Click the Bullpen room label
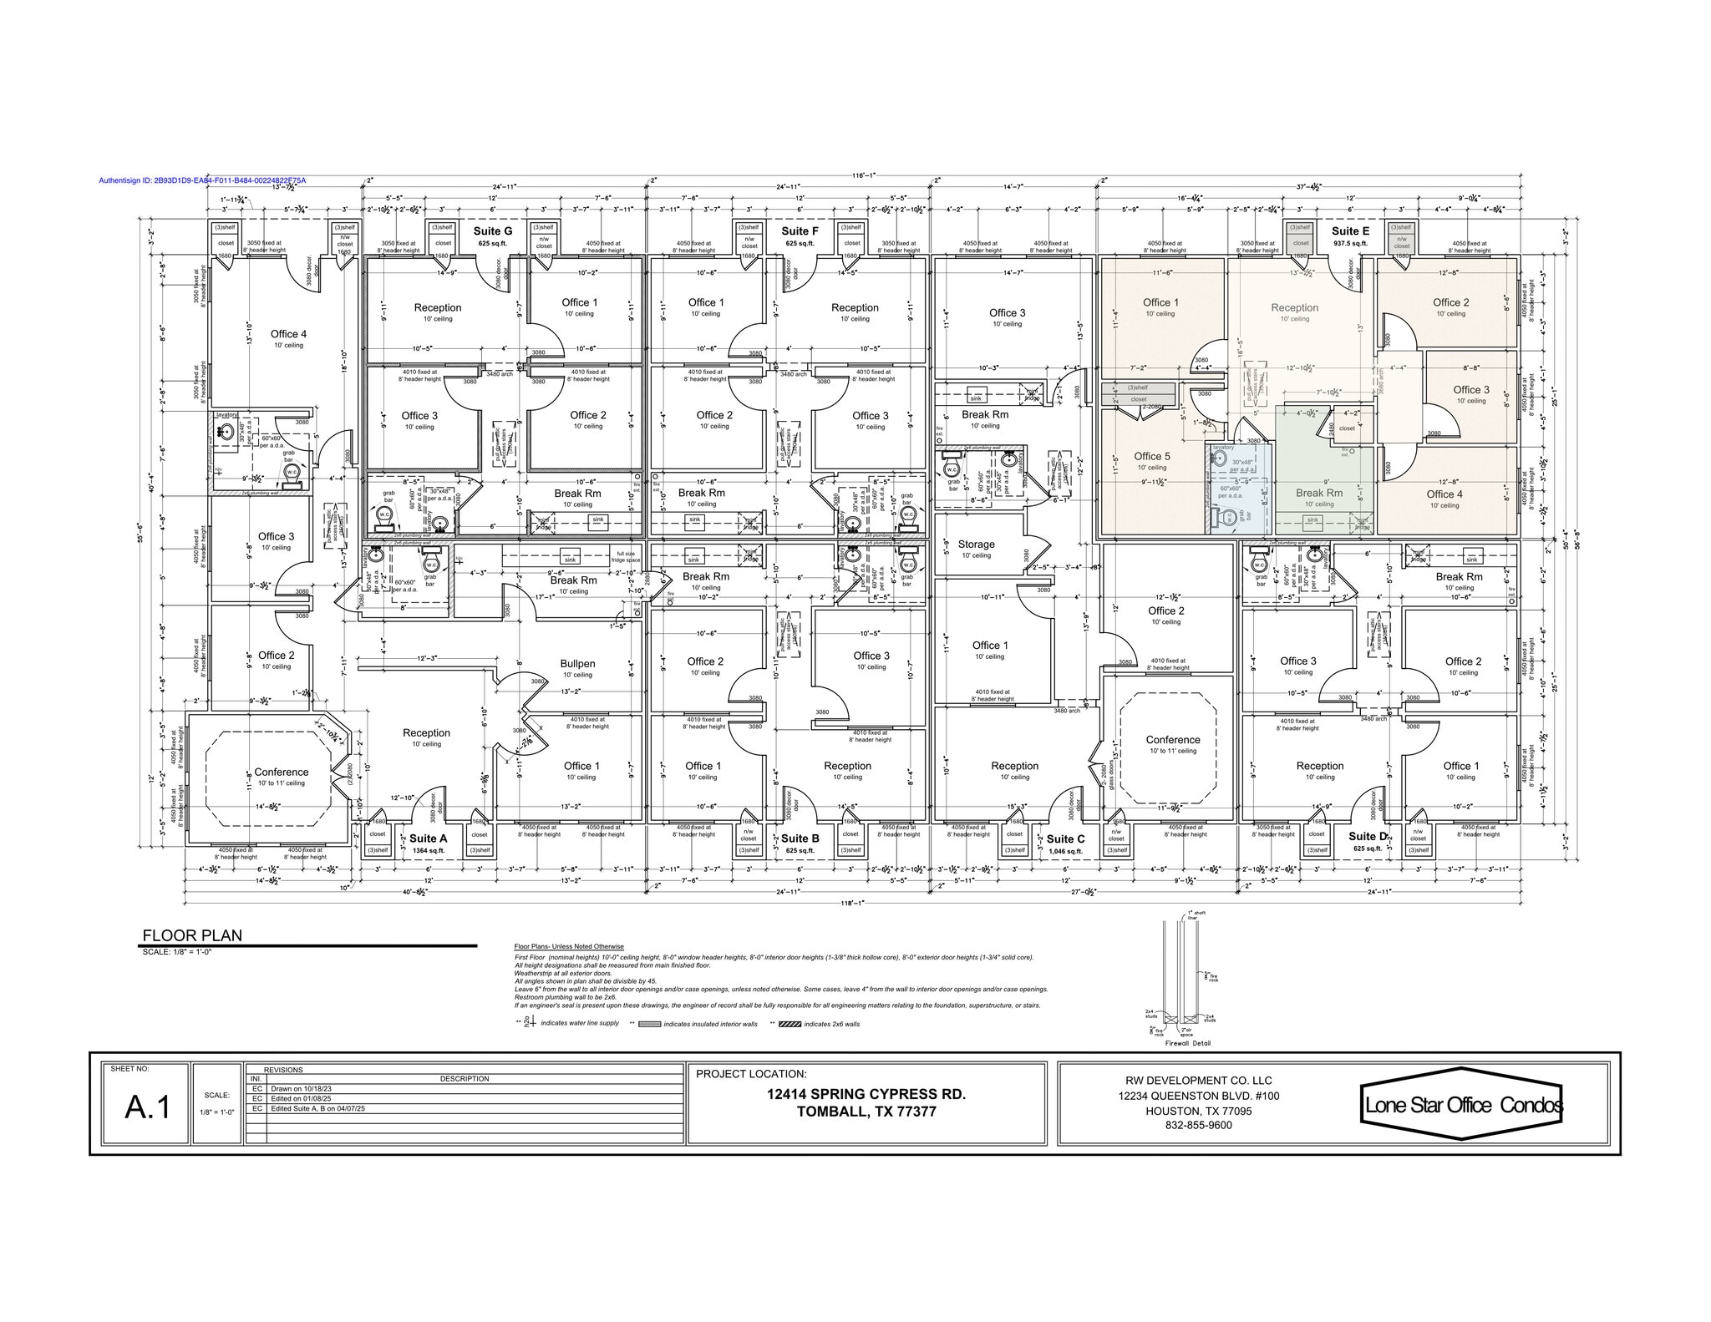point(577,664)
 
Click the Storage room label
point(976,544)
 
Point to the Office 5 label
point(1152,456)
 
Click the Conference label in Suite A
point(282,772)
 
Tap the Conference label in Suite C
point(1173,740)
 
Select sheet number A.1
point(148,1107)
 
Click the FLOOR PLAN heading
point(192,935)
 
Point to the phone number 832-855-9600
point(1198,1125)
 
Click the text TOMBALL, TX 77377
point(866,1112)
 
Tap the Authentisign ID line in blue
point(202,180)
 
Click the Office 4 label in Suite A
point(288,334)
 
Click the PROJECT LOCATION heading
point(751,1074)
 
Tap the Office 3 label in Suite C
point(1007,313)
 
